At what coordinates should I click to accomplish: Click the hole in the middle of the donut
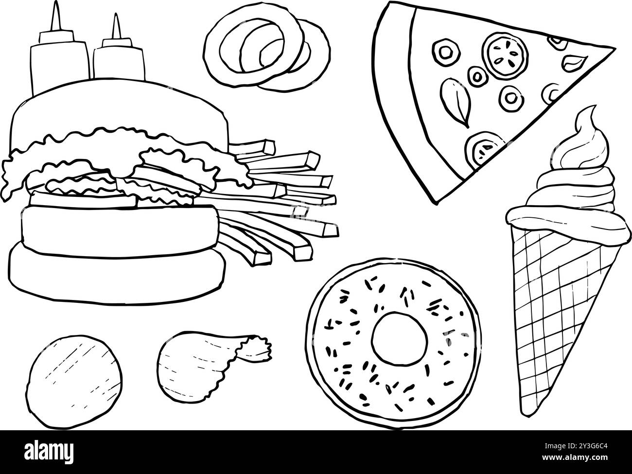click(399, 337)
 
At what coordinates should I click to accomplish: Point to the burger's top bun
click(119, 109)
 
